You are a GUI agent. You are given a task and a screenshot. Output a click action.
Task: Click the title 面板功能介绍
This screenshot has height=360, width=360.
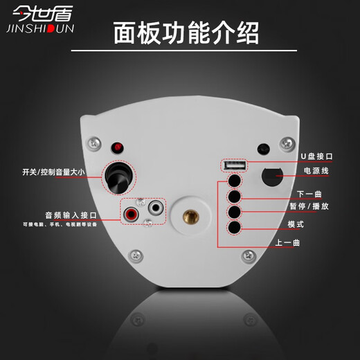coord(186,33)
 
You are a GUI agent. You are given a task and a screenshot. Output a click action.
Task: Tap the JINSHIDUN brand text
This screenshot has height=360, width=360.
coord(40,28)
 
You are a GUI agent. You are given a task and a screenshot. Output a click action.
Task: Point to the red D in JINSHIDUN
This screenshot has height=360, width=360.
coord(51,28)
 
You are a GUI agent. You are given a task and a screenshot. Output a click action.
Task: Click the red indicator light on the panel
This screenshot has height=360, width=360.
coord(118,147)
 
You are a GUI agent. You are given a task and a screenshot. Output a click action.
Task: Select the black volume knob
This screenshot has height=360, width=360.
coord(118,178)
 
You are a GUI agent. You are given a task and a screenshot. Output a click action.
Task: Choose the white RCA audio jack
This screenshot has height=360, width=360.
coord(156,208)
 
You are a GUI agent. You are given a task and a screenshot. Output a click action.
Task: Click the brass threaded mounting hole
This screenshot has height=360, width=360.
coord(191,217)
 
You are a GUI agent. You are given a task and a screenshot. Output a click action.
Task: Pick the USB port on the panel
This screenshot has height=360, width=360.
coord(234,165)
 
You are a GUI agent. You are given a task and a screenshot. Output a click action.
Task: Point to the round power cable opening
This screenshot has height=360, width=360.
coord(272,177)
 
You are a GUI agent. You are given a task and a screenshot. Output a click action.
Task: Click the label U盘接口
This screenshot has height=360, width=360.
coord(316,156)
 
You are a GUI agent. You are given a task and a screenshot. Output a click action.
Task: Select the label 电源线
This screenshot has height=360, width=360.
coord(316,171)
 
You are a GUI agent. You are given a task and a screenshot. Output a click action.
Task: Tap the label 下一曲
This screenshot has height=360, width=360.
coord(309,194)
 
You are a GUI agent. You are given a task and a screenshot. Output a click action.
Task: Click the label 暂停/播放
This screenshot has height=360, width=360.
coord(309,206)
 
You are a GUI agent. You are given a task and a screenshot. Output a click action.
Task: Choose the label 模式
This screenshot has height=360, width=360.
coord(296,224)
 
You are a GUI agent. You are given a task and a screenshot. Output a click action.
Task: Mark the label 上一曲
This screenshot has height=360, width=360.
coord(287,242)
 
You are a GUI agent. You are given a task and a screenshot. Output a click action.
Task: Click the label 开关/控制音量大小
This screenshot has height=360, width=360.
coord(53,172)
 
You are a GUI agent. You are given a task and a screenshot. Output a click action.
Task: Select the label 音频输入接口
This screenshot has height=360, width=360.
coord(71,215)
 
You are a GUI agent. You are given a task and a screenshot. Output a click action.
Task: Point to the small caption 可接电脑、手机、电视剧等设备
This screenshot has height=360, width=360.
coord(60,224)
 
